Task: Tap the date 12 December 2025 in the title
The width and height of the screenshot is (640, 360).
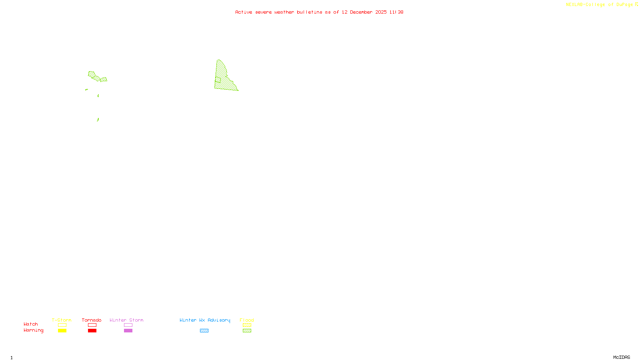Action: [364, 12]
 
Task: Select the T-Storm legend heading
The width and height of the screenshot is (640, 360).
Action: [62, 320]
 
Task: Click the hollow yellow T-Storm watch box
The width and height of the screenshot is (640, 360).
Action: [62, 325]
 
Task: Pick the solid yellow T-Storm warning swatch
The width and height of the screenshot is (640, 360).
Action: [62, 331]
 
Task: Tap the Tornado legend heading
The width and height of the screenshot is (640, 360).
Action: [92, 320]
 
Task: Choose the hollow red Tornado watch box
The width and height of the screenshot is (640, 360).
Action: [92, 325]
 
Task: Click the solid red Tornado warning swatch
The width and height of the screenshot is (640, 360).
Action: [92, 331]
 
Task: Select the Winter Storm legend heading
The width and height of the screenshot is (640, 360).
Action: [126, 320]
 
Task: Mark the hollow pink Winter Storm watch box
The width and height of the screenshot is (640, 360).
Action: [128, 325]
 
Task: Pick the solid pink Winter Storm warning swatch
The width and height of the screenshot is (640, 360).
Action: [128, 331]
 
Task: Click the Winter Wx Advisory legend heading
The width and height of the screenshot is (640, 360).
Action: [205, 320]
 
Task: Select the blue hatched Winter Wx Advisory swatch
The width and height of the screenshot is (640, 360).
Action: [204, 331]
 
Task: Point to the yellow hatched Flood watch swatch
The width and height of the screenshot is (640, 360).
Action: [247, 325]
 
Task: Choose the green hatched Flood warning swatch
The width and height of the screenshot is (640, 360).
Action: [247, 331]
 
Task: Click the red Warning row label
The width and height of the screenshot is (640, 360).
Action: [34, 330]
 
